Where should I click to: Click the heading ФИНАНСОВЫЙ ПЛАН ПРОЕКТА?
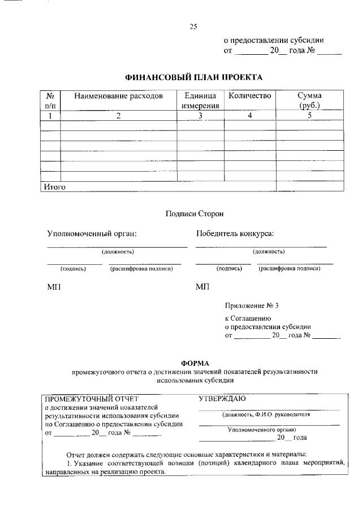coord(193,77)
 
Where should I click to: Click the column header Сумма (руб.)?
coord(309,101)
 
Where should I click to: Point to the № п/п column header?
coord(50,101)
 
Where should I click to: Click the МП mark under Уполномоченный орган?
coord(54,287)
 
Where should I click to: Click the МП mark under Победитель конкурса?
coord(202,287)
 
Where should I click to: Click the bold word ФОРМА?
coord(195,363)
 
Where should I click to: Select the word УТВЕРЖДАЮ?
coord(222,399)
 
